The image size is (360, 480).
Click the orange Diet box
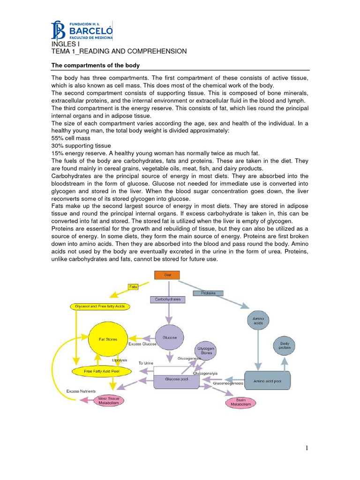coord(166,276)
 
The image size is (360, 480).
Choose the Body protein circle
coord(285,345)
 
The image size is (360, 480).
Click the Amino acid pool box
coord(268,381)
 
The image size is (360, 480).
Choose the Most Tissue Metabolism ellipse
coord(108,400)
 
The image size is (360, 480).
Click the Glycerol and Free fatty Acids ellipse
coord(99,306)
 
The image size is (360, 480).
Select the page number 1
coord(307,448)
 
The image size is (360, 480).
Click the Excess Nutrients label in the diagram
coord(81,390)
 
